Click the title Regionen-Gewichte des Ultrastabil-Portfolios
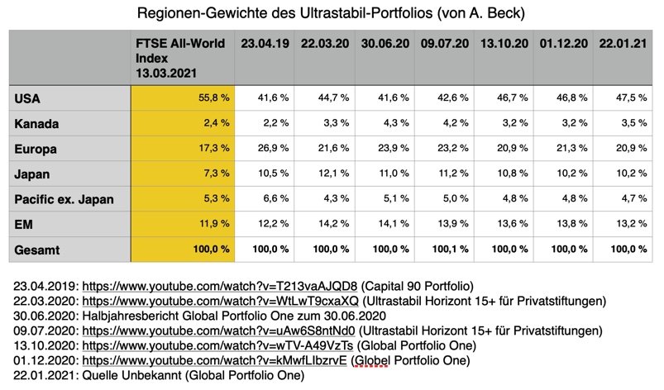(x=330, y=14)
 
